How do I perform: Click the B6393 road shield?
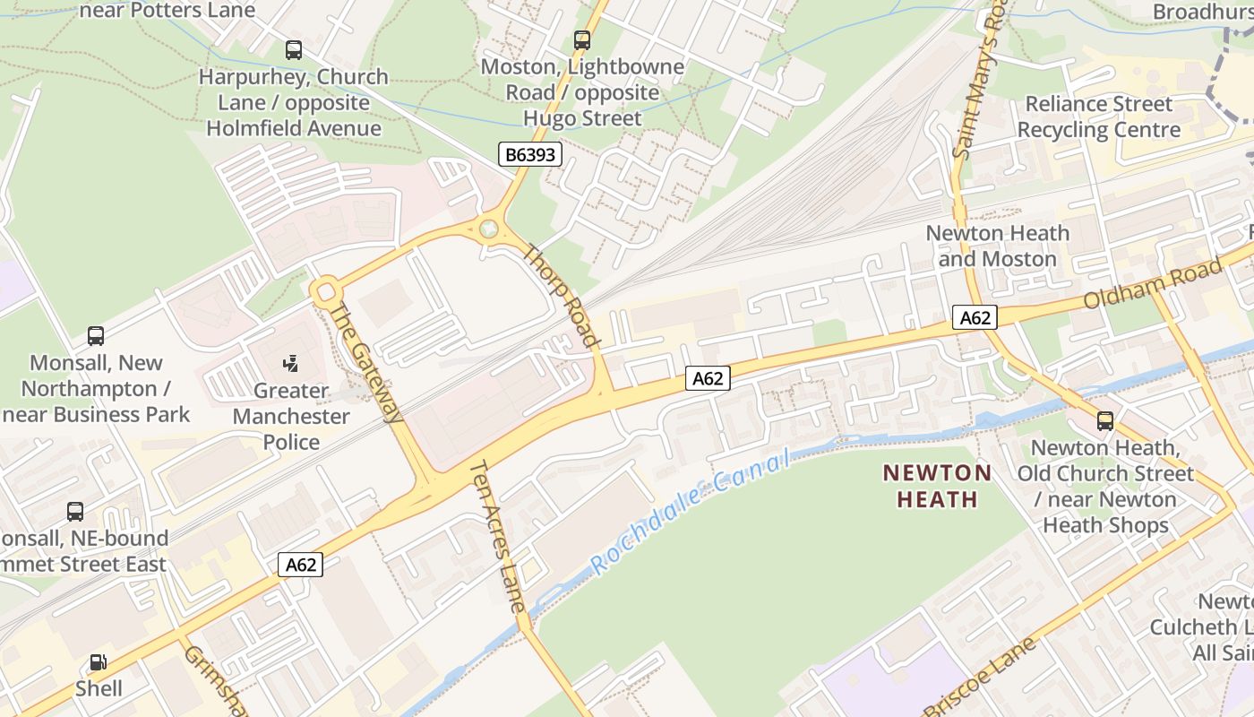tap(530, 154)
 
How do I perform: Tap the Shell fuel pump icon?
tap(98, 663)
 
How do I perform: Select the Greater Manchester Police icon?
tap(289, 364)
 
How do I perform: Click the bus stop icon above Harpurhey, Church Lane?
tap(294, 50)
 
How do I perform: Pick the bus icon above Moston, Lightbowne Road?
tap(582, 39)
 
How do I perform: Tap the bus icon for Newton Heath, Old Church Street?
tap(1105, 420)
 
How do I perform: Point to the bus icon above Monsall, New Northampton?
tap(96, 336)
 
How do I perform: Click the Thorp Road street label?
tap(560, 295)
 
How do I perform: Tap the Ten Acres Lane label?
tap(498, 535)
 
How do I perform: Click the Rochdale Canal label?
tap(691, 513)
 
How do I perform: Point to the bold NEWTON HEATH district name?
tap(937, 486)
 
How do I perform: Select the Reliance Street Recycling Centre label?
tap(1098, 117)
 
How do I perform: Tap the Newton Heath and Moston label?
tap(997, 246)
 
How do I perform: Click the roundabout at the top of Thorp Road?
tap(488, 228)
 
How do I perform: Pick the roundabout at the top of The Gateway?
tap(325, 290)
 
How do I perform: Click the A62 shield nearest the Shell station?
tap(300, 565)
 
